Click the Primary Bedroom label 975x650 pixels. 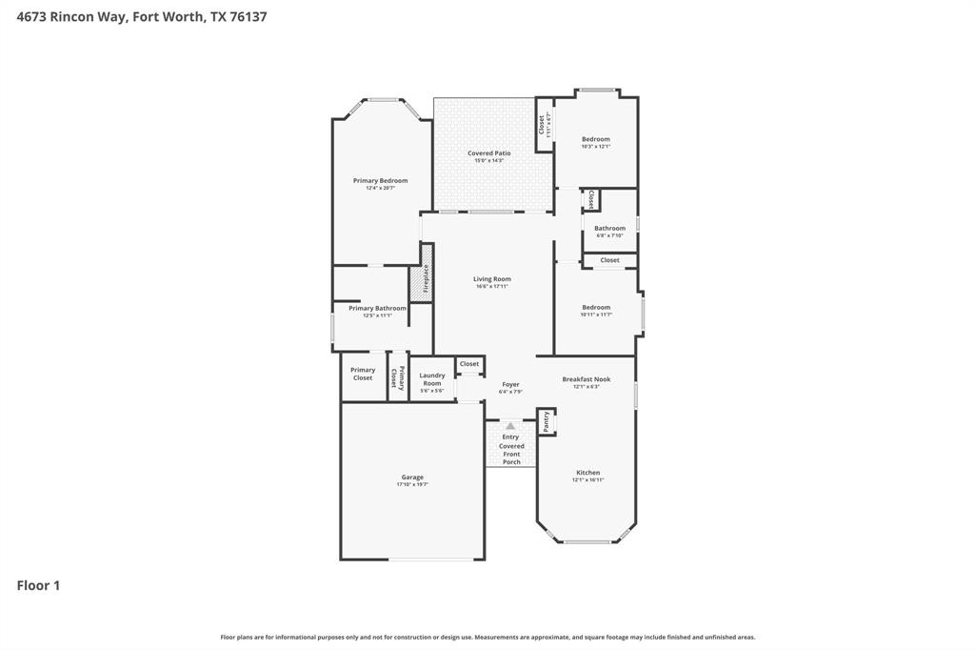click(x=380, y=181)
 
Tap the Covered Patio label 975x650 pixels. click(x=488, y=153)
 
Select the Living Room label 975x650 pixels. click(x=492, y=279)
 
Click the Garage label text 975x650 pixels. click(x=412, y=477)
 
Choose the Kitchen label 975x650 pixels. click(x=587, y=473)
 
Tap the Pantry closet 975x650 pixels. click(x=547, y=421)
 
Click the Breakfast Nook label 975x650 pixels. click(x=586, y=379)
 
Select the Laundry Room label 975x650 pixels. click(x=432, y=379)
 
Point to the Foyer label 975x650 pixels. click(x=510, y=385)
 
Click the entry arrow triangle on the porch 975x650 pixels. click(x=510, y=426)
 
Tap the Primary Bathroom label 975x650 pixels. click(x=377, y=309)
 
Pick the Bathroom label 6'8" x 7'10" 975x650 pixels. click(x=609, y=229)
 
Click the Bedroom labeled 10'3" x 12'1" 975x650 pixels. click(x=595, y=140)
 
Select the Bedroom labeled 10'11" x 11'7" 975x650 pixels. click(x=596, y=308)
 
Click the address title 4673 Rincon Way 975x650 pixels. click(x=141, y=16)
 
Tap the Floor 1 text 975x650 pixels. click(x=38, y=585)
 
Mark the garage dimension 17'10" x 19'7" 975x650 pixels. click(x=412, y=485)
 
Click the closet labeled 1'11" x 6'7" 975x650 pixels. click(x=545, y=125)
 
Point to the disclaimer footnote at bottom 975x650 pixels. click(x=487, y=637)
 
